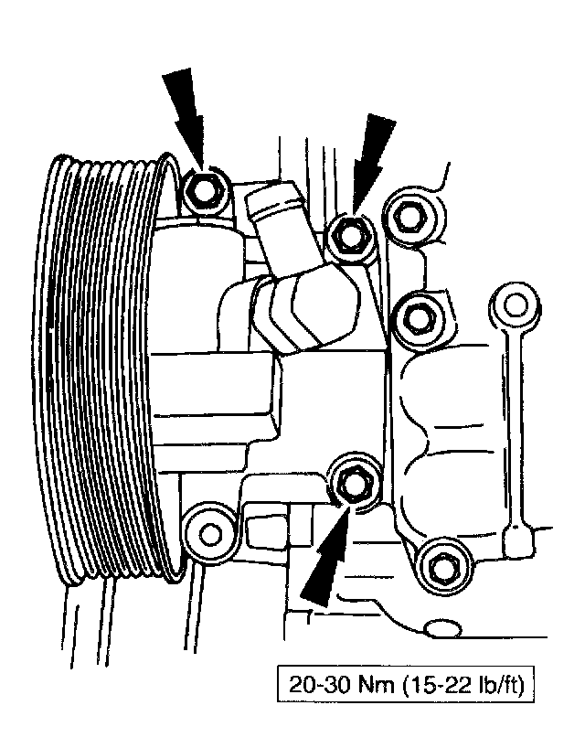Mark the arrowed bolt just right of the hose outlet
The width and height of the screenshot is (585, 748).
(348, 235)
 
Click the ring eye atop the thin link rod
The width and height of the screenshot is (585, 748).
(512, 304)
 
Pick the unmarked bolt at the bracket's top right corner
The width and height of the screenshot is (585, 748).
(406, 218)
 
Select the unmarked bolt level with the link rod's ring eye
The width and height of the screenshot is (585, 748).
(417, 316)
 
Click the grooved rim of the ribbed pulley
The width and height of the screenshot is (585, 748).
(101, 366)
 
